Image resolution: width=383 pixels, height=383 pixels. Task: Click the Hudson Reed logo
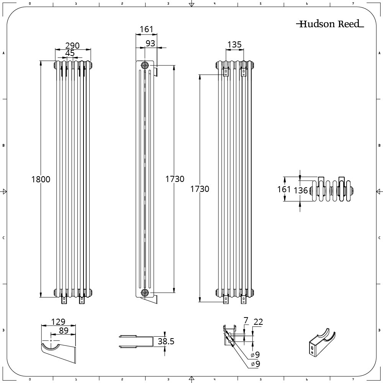330,24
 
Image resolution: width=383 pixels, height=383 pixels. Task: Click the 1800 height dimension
41,179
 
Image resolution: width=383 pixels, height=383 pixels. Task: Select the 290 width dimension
72,46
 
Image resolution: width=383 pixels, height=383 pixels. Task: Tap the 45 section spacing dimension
70,53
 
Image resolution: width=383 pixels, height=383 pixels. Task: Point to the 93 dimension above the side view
150,43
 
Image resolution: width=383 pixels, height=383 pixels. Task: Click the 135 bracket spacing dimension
234,44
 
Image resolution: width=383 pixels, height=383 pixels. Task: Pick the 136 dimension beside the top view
301,190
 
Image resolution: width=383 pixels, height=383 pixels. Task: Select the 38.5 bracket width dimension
166,341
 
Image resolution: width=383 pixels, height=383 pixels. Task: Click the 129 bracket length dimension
58,321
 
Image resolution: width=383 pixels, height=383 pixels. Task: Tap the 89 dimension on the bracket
64,331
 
